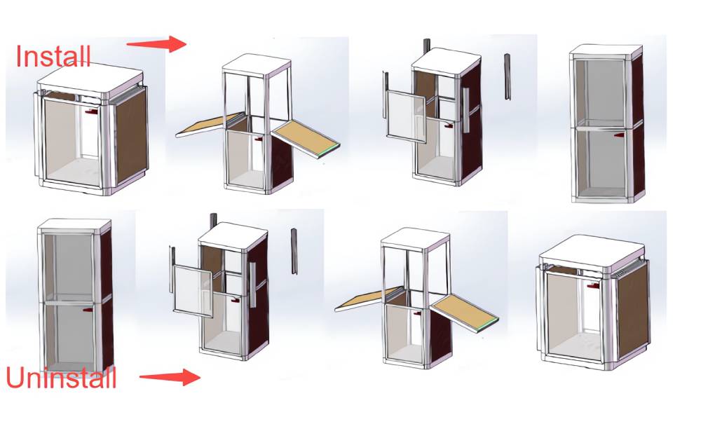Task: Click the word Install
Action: click(53, 57)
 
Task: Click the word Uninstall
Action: click(61, 378)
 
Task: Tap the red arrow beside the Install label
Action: click(156, 43)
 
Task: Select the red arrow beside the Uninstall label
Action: click(170, 377)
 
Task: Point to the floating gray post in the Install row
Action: click(508, 77)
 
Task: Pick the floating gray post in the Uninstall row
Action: click(294, 251)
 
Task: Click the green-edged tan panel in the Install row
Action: click(306, 139)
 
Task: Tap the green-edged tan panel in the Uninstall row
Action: click(465, 313)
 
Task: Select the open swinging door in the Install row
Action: click(406, 116)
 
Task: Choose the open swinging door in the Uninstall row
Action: click(193, 291)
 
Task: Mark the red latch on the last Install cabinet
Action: click(619, 135)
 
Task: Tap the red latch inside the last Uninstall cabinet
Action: click(594, 285)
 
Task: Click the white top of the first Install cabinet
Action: click(90, 79)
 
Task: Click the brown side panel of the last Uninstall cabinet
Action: click(633, 309)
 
